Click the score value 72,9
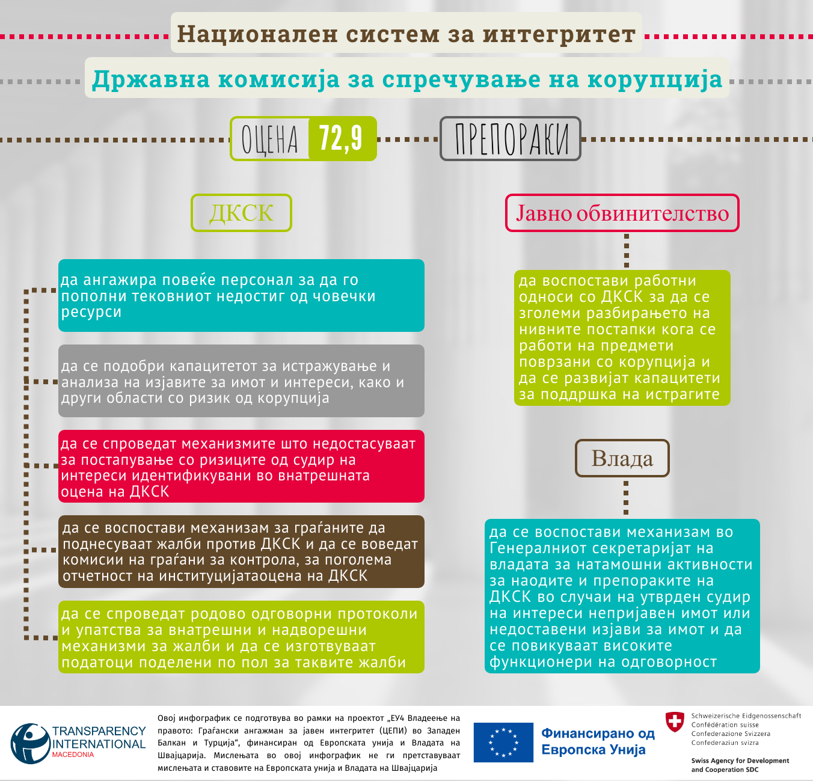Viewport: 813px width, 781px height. (x=342, y=138)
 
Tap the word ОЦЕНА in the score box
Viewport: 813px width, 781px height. (x=270, y=139)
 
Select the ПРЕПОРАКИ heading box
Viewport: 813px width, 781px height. (x=511, y=139)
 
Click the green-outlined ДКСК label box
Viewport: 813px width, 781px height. (x=241, y=213)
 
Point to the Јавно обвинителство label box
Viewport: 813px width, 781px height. (x=622, y=213)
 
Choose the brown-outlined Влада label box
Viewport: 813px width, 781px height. (x=622, y=459)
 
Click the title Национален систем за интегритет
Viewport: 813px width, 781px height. (x=406, y=34)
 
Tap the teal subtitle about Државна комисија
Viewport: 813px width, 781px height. (x=406, y=79)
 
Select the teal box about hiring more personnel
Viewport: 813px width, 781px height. (x=241, y=295)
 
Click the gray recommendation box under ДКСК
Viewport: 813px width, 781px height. (x=241, y=381)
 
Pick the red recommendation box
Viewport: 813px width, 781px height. (x=241, y=467)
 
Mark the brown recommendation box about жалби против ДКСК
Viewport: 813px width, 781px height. (x=241, y=551)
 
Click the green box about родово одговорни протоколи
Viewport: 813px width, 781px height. (x=241, y=637)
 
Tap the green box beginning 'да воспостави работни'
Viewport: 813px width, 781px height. (x=622, y=337)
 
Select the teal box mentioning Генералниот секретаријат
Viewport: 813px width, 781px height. (x=622, y=596)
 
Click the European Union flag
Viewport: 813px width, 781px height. (x=503, y=743)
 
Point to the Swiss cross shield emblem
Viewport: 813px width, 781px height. (x=675, y=721)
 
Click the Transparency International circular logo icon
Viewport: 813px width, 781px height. (x=30, y=744)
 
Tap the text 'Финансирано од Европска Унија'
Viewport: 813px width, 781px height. (x=597, y=741)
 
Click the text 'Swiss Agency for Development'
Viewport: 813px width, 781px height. (x=740, y=761)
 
